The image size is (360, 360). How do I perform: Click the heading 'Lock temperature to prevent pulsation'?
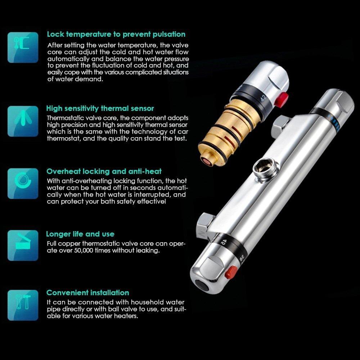[116, 35]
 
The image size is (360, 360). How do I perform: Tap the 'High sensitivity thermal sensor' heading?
[100, 108]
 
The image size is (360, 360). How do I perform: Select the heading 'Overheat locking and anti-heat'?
[104, 171]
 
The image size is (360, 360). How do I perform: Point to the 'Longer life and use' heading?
[80, 234]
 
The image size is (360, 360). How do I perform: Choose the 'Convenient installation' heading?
[88, 293]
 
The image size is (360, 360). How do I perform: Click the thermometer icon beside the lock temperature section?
[23, 48]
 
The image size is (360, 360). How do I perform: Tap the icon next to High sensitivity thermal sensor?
[23, 121]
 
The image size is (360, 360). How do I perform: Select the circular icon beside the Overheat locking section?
[23, 184]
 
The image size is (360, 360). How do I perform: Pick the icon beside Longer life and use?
[23, 246]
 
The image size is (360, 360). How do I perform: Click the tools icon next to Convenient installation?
[23, 305]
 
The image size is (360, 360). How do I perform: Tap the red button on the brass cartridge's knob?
[282, 99]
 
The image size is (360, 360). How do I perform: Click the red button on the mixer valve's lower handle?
[231, 272]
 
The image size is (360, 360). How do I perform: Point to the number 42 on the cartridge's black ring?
[264, 98]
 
